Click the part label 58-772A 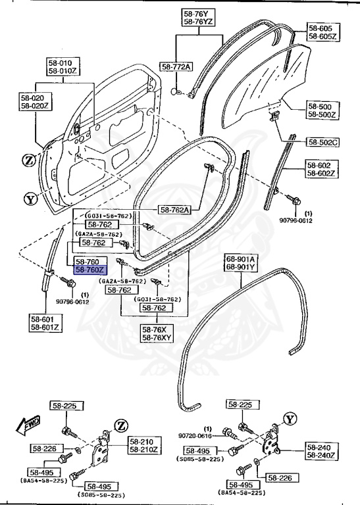[x=176, y=67]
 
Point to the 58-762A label [x=174, y=210]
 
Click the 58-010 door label [x=61, y=62]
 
